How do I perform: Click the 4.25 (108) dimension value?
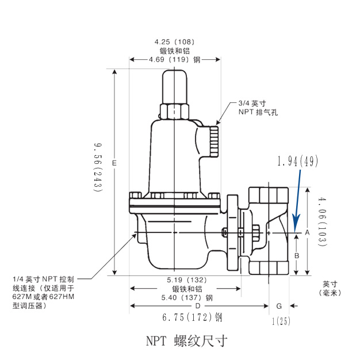pyautogui.click(x=174, y=42)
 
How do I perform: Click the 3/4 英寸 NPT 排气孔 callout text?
pyautogui.click(x=258, y=108)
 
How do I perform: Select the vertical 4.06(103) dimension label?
pyautogui.click(x=321, y=221)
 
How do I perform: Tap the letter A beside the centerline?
pyautogui.click(x=308, y=232)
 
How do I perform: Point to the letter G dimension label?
pyautogui.click(x=279, y=305)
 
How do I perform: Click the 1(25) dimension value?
pyautogui.click(x=280, y=321)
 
